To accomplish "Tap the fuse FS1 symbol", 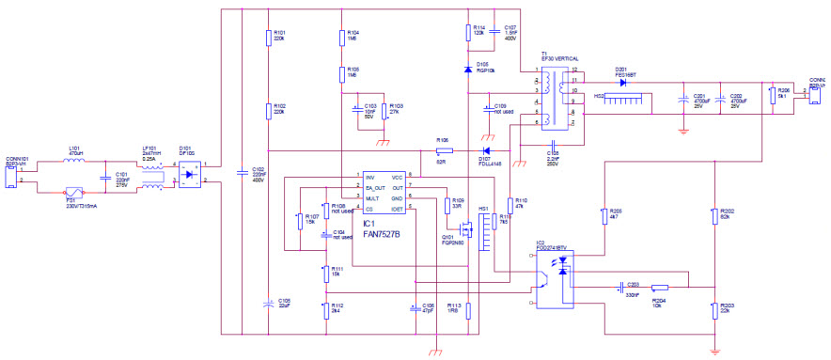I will (x=68, y=188).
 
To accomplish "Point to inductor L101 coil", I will (x=73, y=161).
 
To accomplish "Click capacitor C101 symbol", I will (x=106, y=175).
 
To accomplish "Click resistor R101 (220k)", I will (x=268, y=39).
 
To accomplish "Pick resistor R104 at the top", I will (x=342, y=39).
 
